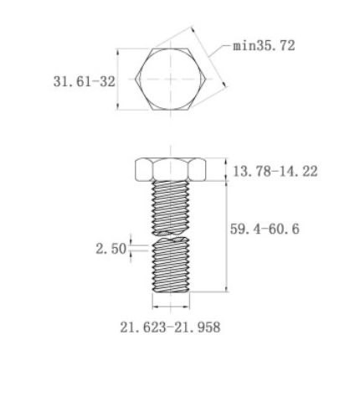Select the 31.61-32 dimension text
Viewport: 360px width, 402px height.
83,81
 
